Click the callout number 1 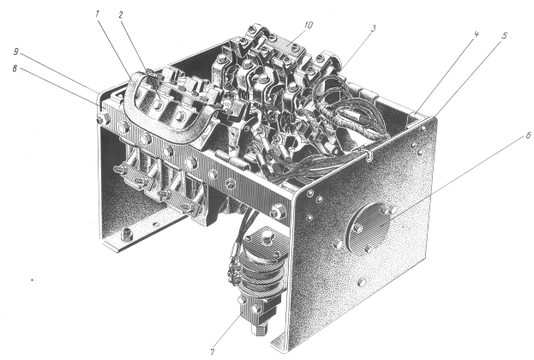97,14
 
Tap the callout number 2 121,15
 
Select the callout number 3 374,28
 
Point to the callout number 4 476,34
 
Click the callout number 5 504,36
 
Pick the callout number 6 528,135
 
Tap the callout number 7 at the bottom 213,351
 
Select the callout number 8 15,69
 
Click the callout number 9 15,51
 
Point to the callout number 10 309,25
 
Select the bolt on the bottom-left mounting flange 127,235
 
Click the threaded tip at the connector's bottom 259,330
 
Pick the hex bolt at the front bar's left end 101,119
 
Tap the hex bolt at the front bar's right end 278,212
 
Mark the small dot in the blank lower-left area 33,280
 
